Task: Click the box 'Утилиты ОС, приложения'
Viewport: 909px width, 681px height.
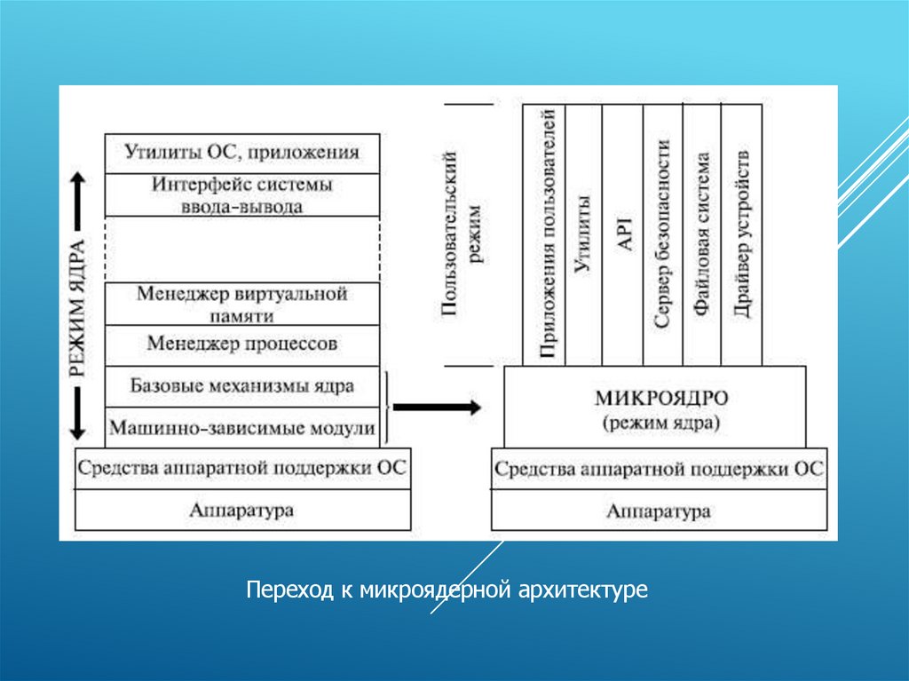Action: [242, 153]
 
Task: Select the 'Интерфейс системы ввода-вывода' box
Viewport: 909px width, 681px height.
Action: [242, 195]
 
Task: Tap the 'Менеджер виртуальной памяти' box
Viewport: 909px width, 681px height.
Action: [242, 304]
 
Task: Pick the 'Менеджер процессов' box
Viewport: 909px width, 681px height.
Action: [242, 344]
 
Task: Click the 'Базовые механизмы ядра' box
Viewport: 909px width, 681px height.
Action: [242, 386]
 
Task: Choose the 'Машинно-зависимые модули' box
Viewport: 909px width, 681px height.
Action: [242, 428]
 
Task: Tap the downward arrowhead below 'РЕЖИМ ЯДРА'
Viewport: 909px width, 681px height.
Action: [77, 430]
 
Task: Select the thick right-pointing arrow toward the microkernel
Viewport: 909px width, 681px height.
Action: [437, 408]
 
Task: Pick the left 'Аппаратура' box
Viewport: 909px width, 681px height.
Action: [242, 511]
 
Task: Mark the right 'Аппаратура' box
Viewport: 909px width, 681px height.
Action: [659, 511]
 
